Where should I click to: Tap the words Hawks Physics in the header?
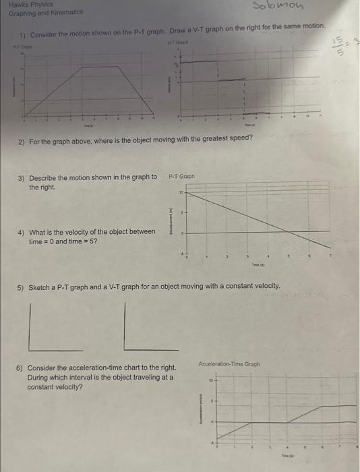click(20, 5)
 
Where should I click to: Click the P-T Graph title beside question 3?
click(181, 177)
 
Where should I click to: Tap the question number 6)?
click(20, 368)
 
